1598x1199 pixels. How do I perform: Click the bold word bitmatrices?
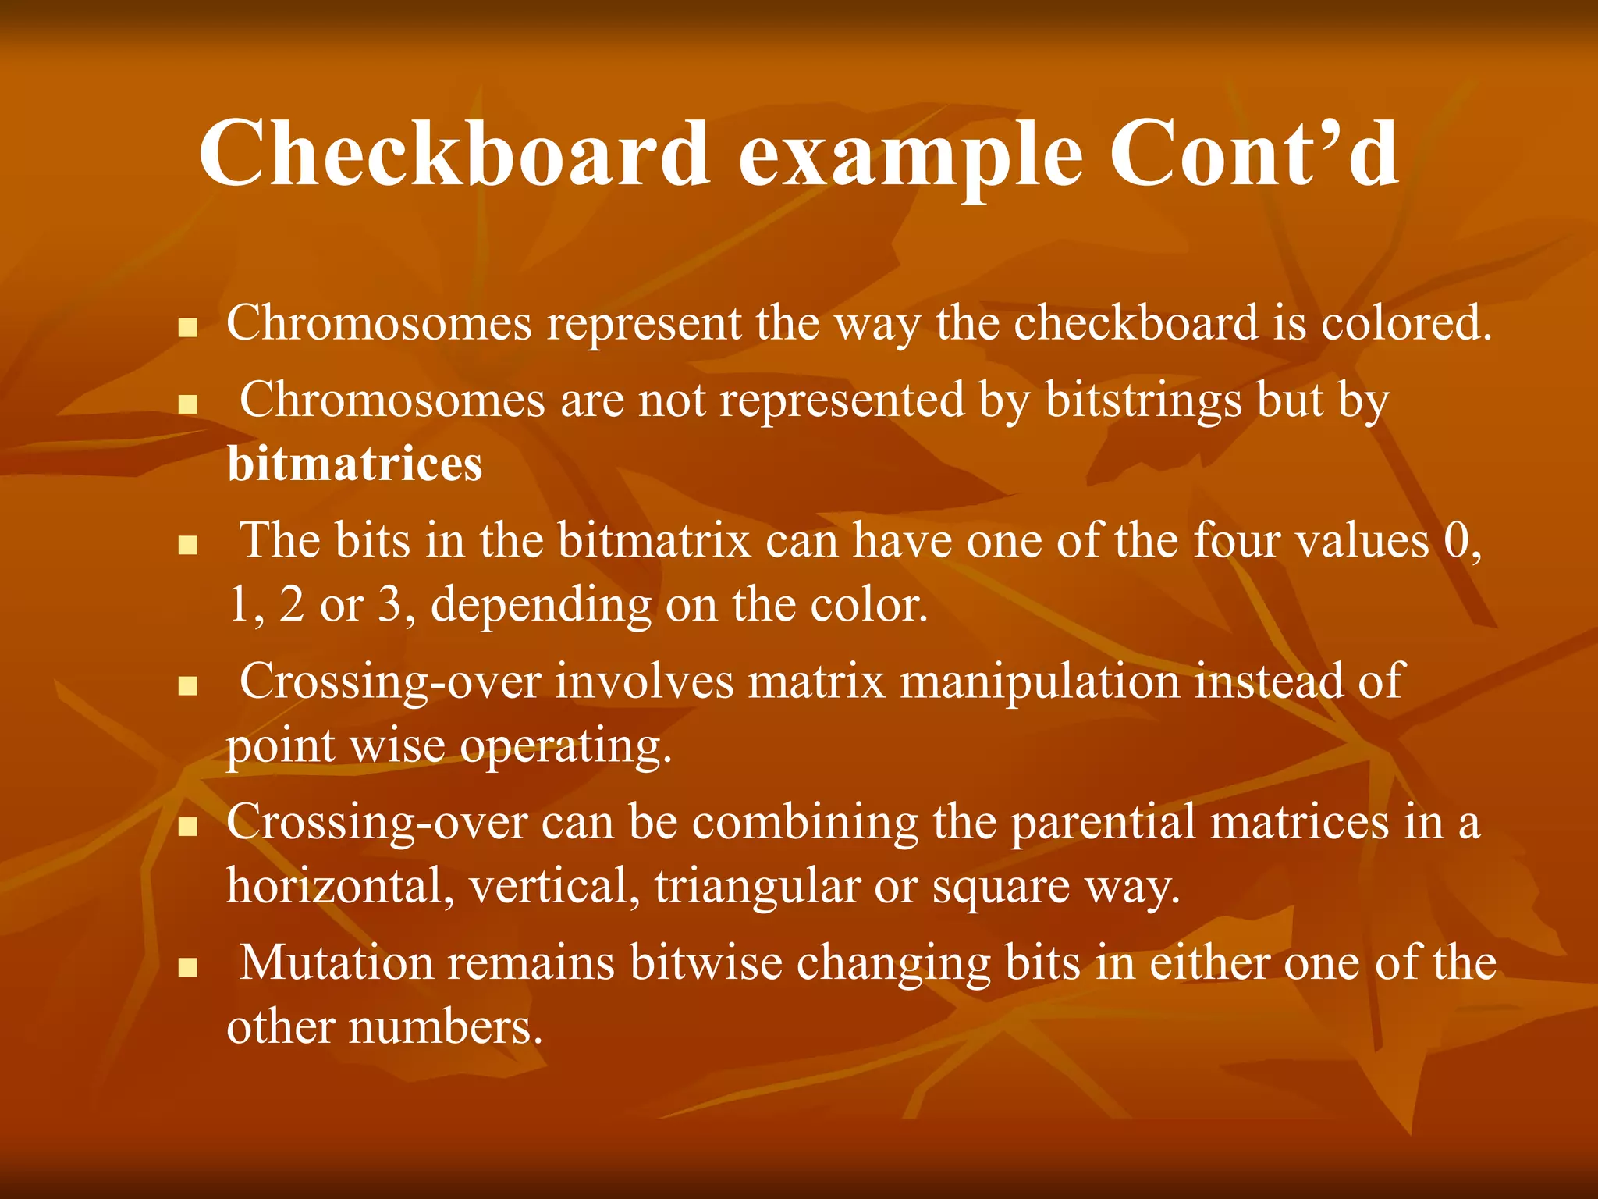pyautogui.click(x=355, y=464)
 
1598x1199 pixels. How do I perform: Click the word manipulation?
pyautogui.click(x=1040, y=681)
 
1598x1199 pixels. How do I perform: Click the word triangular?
pyautogui.click(x=756, y=887)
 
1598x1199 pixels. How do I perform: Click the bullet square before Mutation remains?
pyautogui.click(x=186, y=969)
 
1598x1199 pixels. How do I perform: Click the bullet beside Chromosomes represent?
pyautogui.click(x=186, y=327)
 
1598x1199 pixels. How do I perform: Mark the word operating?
pyautogui.click(x=565, y=747)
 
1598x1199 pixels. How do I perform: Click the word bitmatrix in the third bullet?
pyautogui.click(x=654, y=540)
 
